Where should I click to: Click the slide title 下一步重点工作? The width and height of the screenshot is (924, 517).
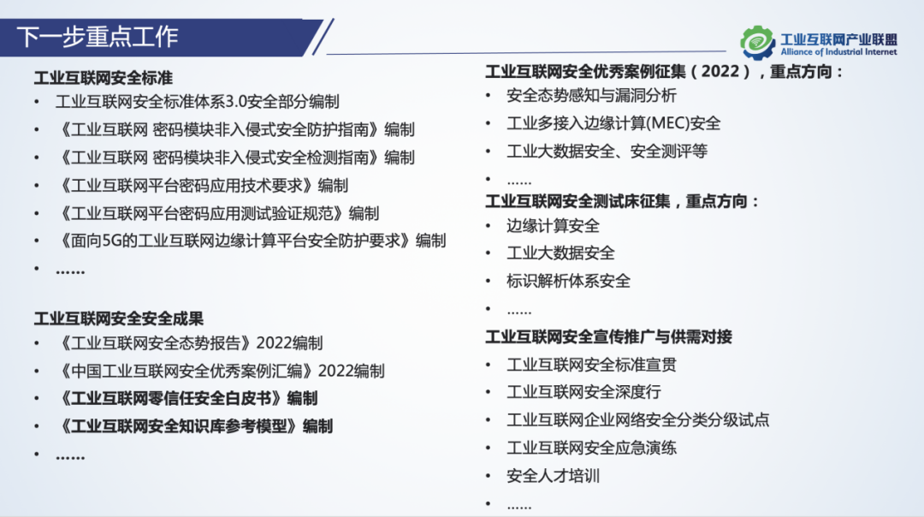coord(98,37)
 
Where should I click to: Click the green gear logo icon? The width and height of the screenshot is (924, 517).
coord(757,43)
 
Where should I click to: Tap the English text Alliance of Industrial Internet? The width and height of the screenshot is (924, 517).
coord(838,52)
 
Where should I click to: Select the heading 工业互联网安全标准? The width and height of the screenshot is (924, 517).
coord(104,78)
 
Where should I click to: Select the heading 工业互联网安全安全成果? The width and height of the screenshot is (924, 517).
coord(118,319)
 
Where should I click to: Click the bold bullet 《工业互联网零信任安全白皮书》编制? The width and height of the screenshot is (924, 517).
coord(187,399)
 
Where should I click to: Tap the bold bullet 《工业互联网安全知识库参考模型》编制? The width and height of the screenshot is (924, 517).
coord(194,426)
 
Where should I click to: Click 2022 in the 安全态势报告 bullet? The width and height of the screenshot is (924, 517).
coord(274,343)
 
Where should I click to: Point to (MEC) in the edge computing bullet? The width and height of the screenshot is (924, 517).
coord(660,123)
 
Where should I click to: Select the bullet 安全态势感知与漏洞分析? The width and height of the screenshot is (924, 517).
coord(591,96)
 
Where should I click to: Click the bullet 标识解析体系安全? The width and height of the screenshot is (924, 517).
coord(568,282)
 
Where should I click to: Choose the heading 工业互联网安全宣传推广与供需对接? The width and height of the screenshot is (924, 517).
coord(609,337)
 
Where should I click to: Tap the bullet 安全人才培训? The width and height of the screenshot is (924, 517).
coord(553,476)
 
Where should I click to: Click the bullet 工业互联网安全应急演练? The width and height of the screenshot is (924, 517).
coord(591,448)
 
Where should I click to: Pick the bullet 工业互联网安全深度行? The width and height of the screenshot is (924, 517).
coord(583,392)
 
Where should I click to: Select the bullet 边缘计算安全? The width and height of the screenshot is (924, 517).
coord(553,226)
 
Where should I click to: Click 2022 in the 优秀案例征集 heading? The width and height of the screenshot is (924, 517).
coord(720,71)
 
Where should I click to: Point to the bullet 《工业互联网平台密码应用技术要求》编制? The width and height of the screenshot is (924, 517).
coord(202,186)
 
